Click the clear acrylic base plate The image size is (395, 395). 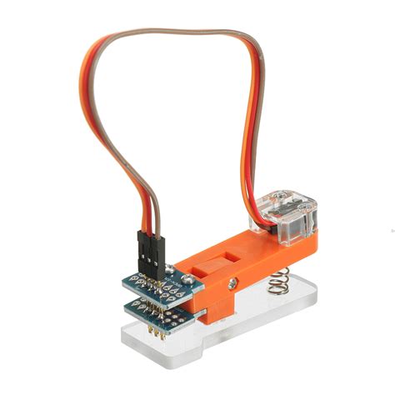pos(250,317)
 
